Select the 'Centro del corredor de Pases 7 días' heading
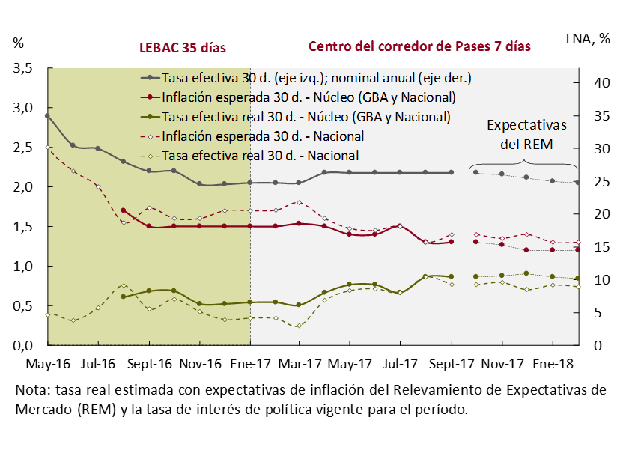tap(419, 46)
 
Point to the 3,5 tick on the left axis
tap(24, 68)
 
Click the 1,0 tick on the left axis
tap(24, 266)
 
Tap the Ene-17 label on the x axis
tap(249, 364)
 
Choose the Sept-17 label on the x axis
tap(451, 364)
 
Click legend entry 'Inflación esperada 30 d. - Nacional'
tap(263, 136)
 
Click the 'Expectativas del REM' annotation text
tap(526, 134)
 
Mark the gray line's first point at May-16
tap(47, 116)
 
